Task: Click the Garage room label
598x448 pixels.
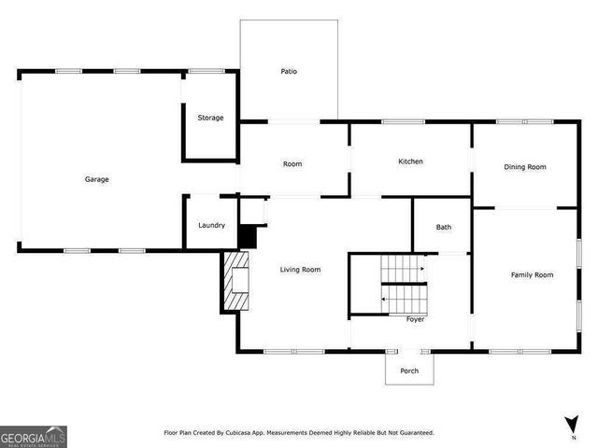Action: [97, 179]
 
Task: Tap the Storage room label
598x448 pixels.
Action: [210, 118]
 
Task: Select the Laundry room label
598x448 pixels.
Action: [211, 225]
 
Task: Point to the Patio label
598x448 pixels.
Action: [289, 71]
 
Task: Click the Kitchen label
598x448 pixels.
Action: [410, 161]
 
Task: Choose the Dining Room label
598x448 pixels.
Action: [524, 167]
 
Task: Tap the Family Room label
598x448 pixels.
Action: [532, 274]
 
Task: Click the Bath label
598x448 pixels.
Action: [444, 227]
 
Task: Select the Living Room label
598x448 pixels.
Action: [300, 270]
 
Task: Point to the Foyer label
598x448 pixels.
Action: [415, 319]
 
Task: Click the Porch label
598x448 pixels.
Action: [409, 371]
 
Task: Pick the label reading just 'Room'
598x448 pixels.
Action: [292, 164]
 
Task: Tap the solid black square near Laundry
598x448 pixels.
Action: [247, 237]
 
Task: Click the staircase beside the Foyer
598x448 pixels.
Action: [405, 284]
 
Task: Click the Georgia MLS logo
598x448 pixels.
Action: [34, 436]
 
